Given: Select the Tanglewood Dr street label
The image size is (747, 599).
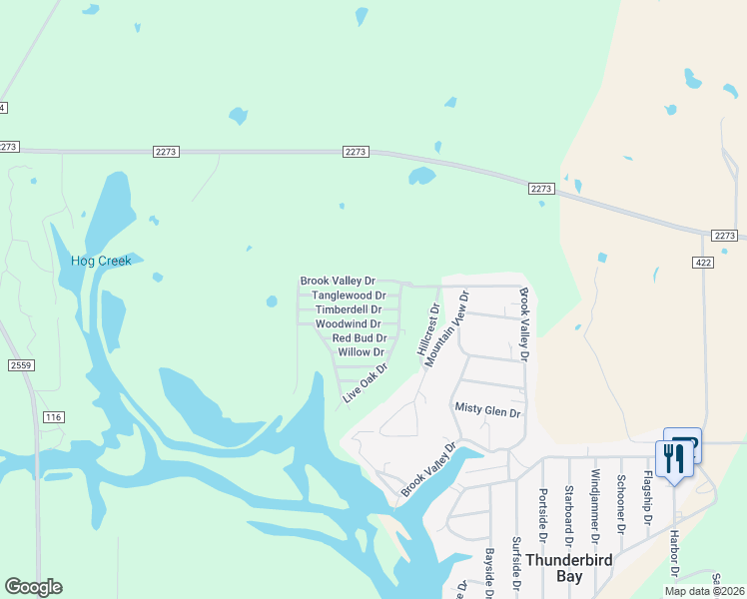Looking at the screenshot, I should click(x=349, y=296).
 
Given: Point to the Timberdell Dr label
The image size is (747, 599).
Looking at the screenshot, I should click(x=349, y=310).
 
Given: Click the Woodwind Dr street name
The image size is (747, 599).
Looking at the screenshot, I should click(x=348, y=324).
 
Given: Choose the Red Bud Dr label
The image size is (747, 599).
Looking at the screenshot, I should click(x=360, y=338).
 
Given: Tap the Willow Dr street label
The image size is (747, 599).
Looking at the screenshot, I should click(x=361, y=352).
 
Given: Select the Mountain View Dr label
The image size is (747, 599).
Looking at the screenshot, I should click(x=445, y=329).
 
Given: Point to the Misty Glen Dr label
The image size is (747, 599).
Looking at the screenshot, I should click(x=487, y=411).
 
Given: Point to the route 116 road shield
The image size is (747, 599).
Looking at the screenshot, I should click(x=53, y=415).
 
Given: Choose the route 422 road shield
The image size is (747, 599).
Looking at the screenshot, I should click(x=702, y=262).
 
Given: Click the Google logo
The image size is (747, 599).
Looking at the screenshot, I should click(x=33, y=587).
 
